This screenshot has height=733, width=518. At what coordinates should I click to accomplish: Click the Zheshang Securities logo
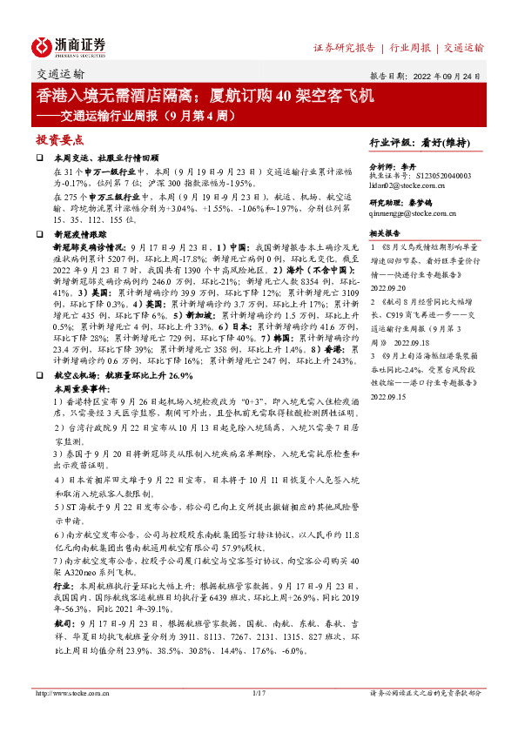[x=69, y=46]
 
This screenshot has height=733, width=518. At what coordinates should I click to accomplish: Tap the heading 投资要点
[x=60, y=138]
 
